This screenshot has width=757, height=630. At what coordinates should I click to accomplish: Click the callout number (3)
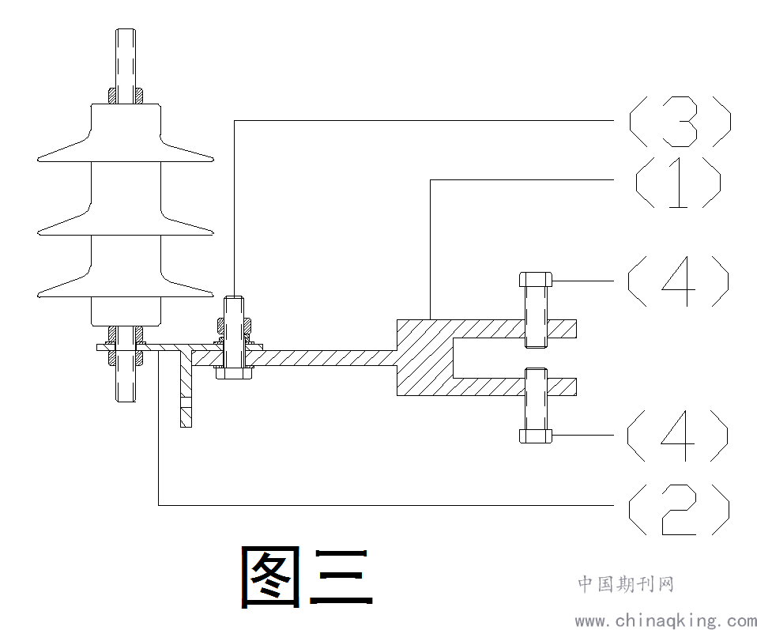[x=680, y=121]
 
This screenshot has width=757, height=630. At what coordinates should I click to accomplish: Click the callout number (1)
[x=678, y=182]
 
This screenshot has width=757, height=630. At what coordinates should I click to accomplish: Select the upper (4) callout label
[x=678, y=281]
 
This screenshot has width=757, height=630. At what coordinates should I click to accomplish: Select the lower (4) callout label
[x=677, y=436]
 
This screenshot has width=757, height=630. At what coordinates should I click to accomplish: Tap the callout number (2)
[x=679, y=509]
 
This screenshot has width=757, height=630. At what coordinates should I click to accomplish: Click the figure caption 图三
[x=307, y=577]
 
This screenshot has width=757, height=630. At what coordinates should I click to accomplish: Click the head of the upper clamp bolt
[x=536, y=279]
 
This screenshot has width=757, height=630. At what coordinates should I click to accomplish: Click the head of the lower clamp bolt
[x=536, y=436]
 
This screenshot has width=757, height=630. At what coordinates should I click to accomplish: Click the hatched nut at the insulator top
[x=126, y=95]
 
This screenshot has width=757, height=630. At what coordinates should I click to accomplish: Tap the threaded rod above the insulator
[x=126, y=58]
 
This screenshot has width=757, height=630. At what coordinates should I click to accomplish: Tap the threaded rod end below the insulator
[x=126, y=383]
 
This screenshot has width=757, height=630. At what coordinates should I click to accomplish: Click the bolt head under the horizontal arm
[x=234, y=373]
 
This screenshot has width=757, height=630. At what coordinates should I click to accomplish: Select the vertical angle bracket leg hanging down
[x=186, y=390]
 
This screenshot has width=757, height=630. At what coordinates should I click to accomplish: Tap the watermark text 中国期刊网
[x=626, y=583]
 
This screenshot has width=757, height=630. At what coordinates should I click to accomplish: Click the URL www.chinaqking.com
[x=666, y=621]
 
